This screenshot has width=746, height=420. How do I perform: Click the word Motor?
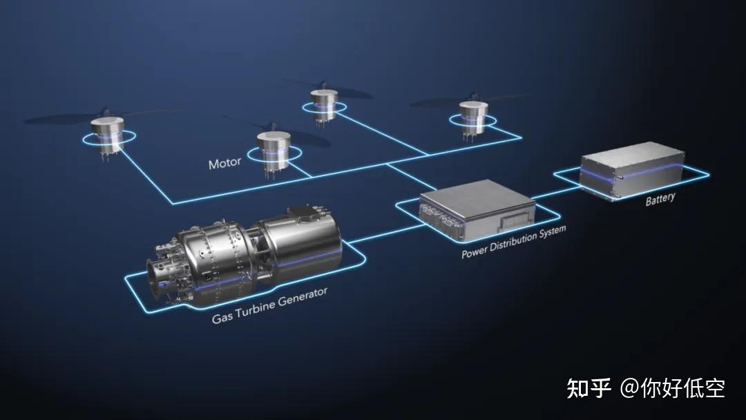(224, 164)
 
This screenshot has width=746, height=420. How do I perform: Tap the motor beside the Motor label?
(274, 151)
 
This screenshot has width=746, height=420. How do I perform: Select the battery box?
(633, 171)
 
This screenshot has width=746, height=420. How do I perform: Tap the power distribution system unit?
(477, 210)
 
